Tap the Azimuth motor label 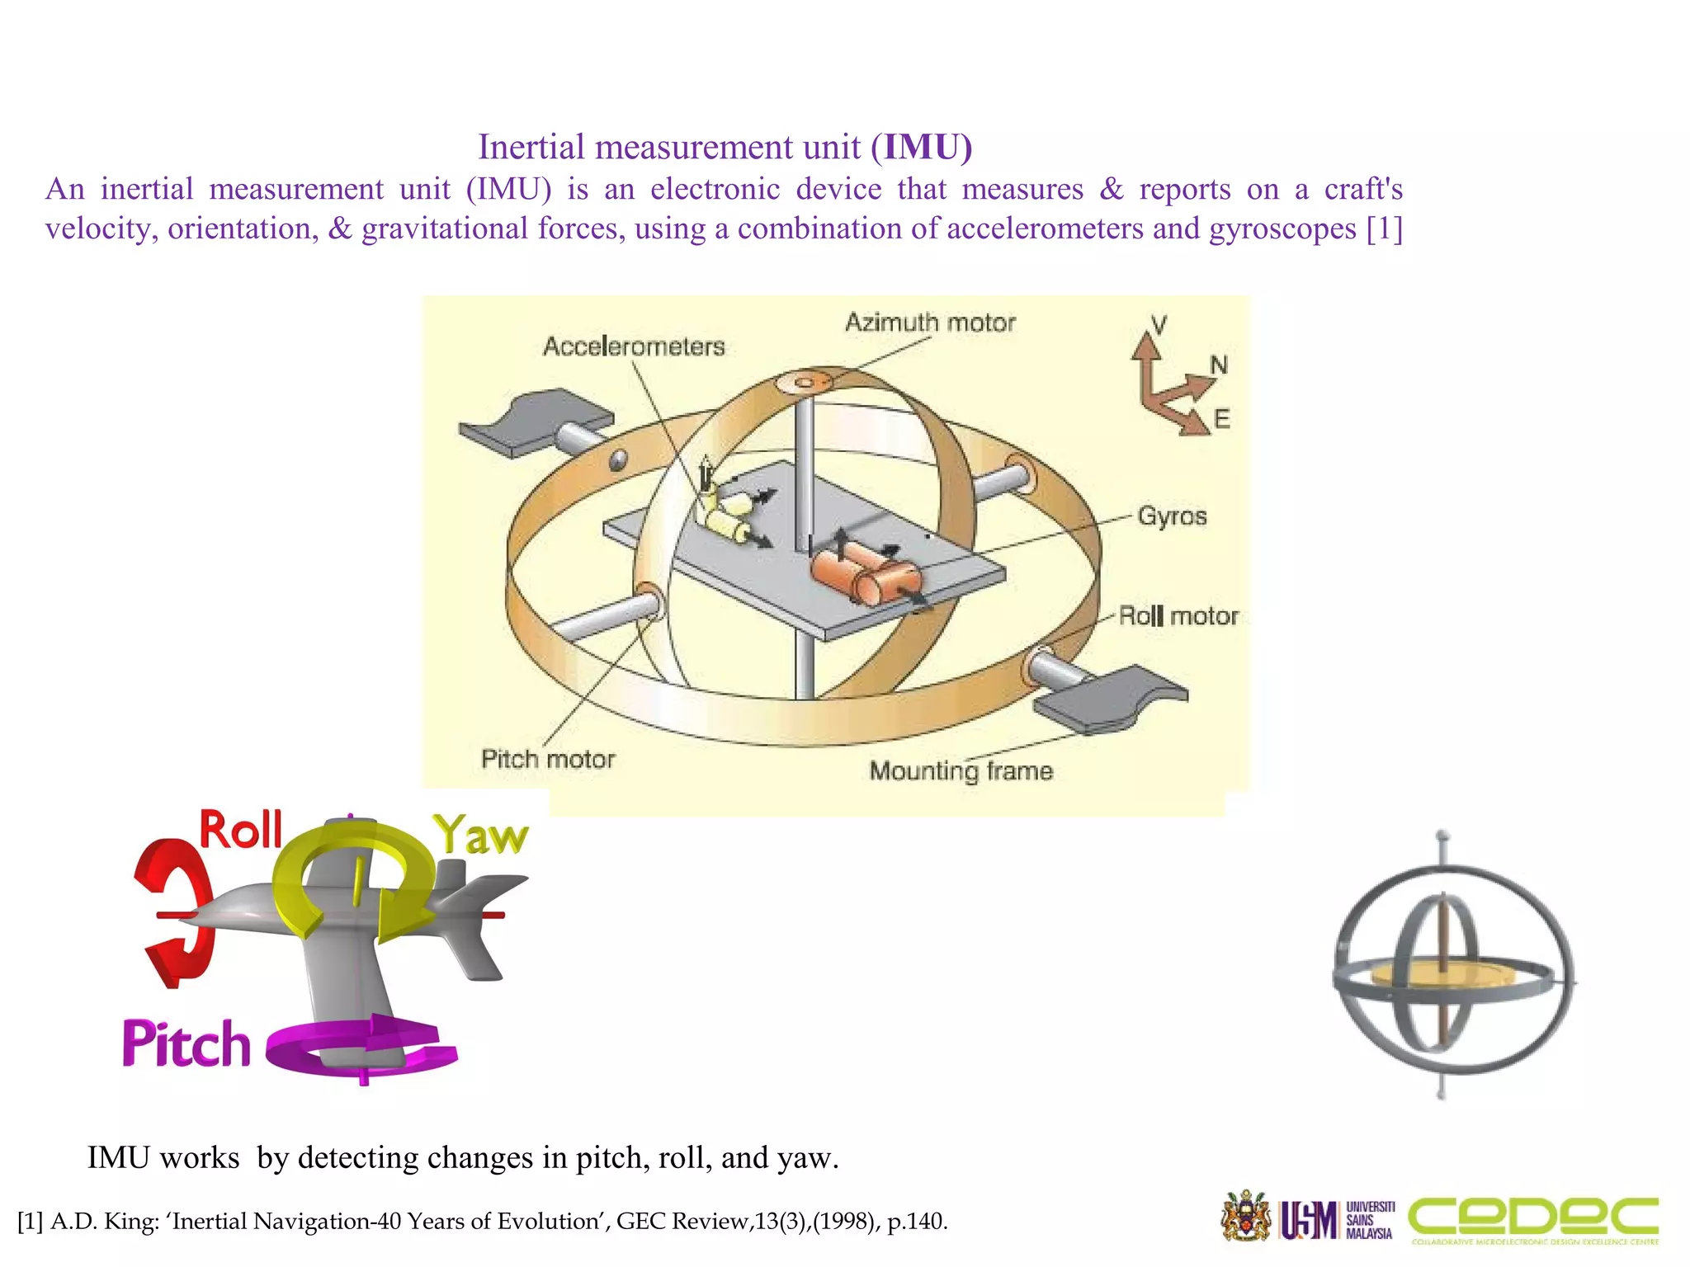930,323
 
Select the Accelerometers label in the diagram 634,346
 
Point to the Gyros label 1172,516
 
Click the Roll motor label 1178,616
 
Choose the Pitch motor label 548,759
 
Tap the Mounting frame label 961,770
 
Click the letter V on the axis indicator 1159,325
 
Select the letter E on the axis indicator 1222,419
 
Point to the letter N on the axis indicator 1219,365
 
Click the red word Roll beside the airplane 241,830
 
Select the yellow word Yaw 481,835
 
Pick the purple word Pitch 186,1043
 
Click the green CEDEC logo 1533,1218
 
